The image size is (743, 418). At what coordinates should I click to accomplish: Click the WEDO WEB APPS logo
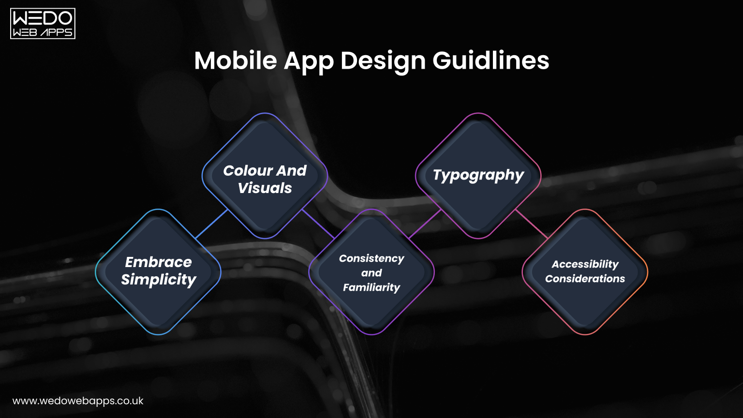pyautogui.click(x=43, y=24)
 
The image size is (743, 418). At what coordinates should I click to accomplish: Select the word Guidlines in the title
pyautogui.click(x=490, y=61)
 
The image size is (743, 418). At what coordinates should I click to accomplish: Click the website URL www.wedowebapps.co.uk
pyautogui.click(x=78, y=401)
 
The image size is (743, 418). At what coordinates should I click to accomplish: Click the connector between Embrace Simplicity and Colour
pyautogui.click(x=211, y=224)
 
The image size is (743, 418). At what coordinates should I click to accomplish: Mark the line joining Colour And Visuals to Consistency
pyautogui.click(x=318, y=224)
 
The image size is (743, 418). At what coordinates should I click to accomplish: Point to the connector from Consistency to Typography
pyautogui.click(x=425, y=224)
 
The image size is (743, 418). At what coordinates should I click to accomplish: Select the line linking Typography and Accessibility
pyautogui.click(x=531, y=224)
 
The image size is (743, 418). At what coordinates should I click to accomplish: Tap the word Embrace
pyautogui.click(x=158, y=262)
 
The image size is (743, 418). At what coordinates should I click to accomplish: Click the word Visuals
pyautogui.click(x=265, y=188)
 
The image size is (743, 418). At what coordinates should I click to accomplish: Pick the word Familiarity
pyautogui.click(x=371, y=287)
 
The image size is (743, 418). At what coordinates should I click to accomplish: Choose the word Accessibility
pyautogui.click(x=585, y=264)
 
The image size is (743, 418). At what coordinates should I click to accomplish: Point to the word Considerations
pyautogui.click(x=585, y=279)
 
